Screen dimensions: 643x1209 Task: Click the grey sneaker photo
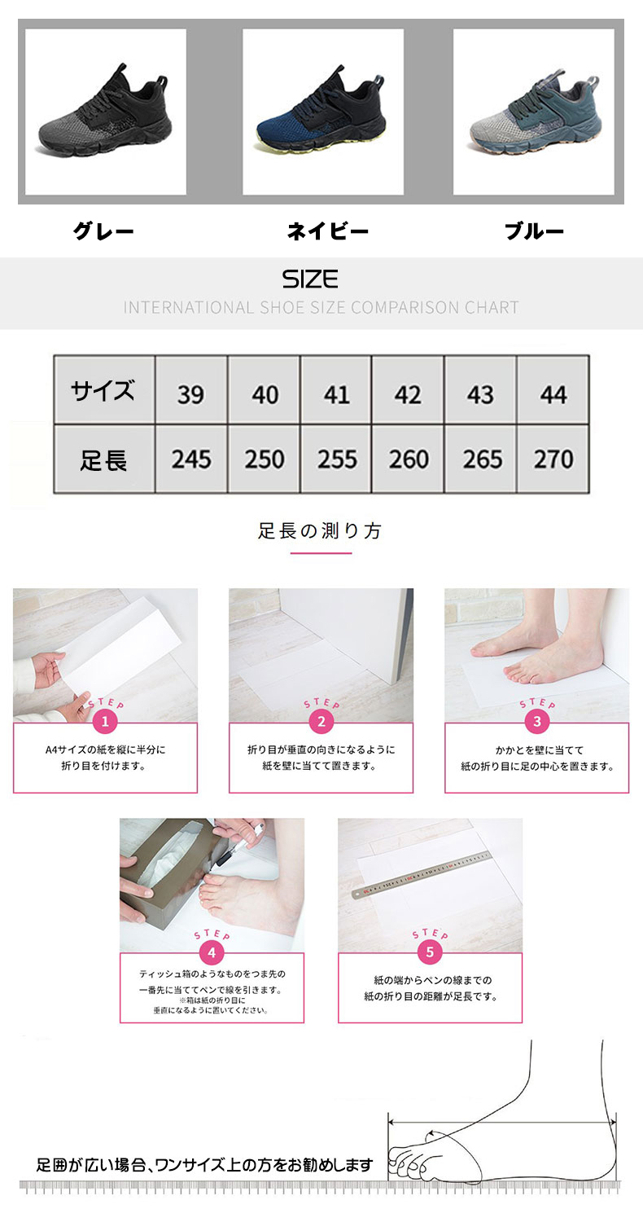[106, 112]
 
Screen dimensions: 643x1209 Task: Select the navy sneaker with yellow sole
[323, 112]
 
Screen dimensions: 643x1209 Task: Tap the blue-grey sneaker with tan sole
[533, 112]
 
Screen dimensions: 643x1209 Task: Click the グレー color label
[103, 231]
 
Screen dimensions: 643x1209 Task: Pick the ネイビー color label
[327, 231]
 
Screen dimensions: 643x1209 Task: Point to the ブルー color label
[534, 231]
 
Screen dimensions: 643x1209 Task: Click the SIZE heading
[310, 279]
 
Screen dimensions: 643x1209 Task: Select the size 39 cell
[191, 389]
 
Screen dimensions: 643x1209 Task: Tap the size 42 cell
[408, 389]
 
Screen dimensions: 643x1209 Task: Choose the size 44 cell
[553, 389]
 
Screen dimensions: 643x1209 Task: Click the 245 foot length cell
[191, 459]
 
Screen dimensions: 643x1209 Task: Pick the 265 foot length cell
[481, 459]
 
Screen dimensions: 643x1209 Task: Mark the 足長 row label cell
[104, 459]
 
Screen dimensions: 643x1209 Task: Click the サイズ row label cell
[104, 389]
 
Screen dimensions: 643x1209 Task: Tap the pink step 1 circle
[105, 722]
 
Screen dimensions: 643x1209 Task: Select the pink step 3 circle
[536, 722]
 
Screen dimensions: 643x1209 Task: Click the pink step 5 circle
[430, 952]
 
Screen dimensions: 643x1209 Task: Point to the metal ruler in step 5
[421, 874]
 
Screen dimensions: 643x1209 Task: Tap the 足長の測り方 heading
[321, 531]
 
